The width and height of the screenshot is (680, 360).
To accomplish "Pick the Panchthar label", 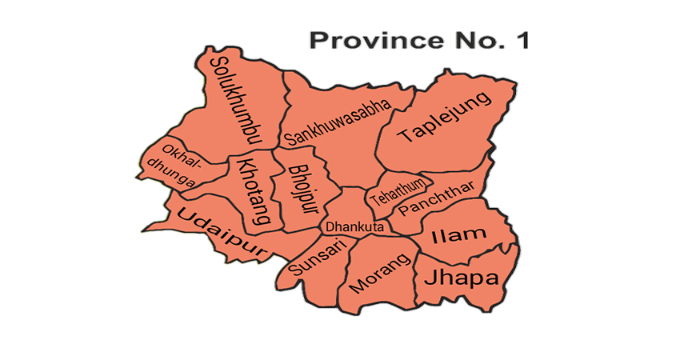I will [x=437, y=199].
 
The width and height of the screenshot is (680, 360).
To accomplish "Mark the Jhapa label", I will [x=460, y=278].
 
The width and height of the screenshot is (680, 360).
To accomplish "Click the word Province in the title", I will [x=374, y=41].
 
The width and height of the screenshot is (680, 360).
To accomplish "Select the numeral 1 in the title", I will [x=521, y=41].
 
